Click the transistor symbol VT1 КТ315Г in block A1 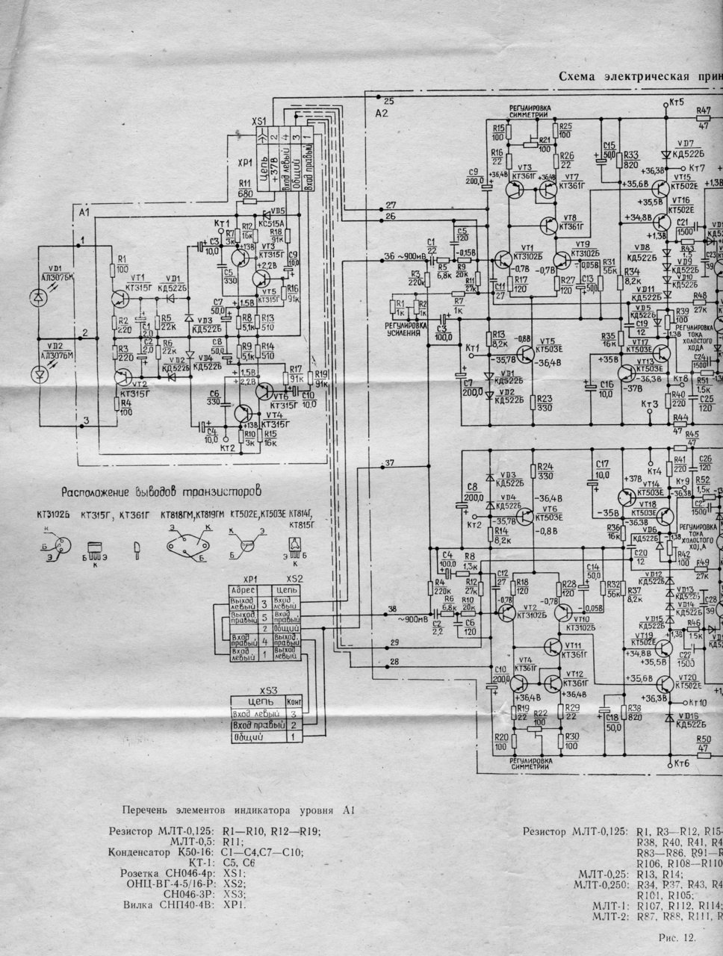120,297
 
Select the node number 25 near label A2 388,100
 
